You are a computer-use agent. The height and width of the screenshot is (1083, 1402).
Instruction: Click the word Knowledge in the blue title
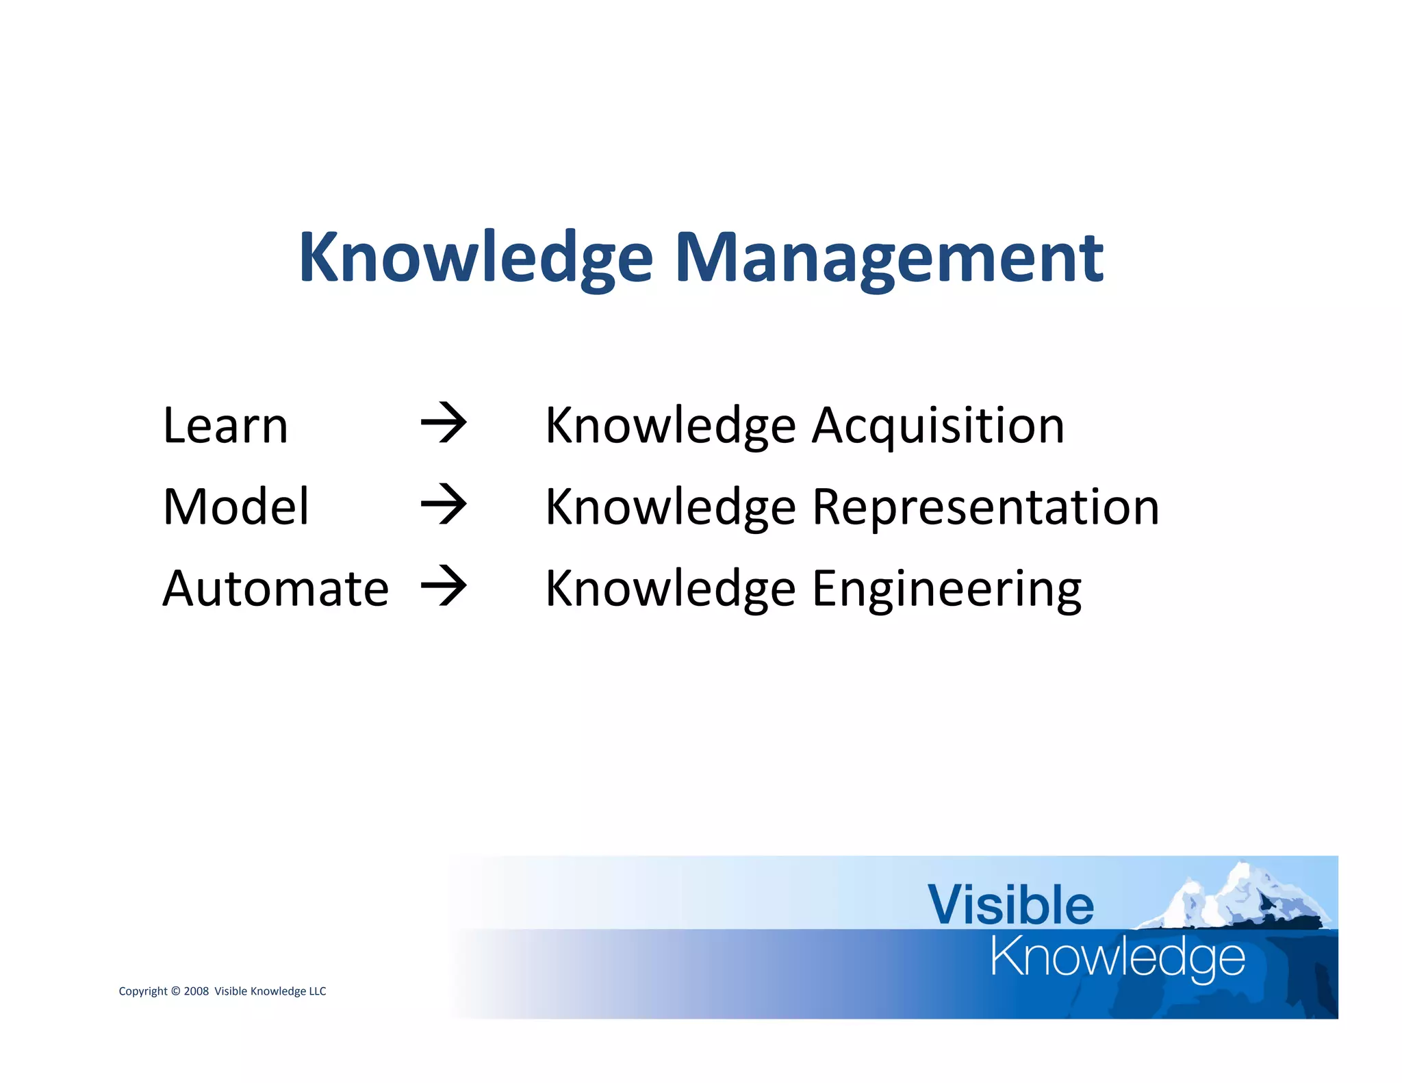pos(476,258)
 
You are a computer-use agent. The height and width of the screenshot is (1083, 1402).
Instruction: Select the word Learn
pos(225,426)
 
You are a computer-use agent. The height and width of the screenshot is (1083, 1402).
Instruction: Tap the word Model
pos(236,507)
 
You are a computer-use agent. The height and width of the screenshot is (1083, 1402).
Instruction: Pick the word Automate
pos(275,589)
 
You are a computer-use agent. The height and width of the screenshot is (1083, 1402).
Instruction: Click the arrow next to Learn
pos(444,424)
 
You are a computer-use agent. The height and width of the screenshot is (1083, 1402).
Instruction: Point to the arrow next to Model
pos(444,505)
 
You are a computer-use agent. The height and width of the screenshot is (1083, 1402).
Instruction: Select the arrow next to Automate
pos(444,587)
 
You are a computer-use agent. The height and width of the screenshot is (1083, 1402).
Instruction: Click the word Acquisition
pos(938,426)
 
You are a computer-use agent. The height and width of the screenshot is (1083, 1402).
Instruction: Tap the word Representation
pos(985,507)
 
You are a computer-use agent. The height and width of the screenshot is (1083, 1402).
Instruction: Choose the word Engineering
pos(946,589)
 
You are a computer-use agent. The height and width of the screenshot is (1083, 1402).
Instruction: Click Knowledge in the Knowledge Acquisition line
pos(670,426)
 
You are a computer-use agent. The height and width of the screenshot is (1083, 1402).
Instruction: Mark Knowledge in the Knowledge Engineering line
pos(670,589)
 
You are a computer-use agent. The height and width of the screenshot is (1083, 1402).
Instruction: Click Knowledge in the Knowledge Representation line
pos(670,507)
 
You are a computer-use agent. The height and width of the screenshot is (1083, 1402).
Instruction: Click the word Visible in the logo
pos(1010,905)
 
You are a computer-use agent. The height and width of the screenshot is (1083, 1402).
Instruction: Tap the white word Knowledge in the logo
pos(1117,958)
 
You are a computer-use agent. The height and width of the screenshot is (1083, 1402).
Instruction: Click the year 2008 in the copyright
pos(196,991)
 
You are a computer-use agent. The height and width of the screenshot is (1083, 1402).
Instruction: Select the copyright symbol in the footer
pos(175,991)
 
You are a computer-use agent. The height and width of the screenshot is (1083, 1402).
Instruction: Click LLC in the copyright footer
pos(318,991)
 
